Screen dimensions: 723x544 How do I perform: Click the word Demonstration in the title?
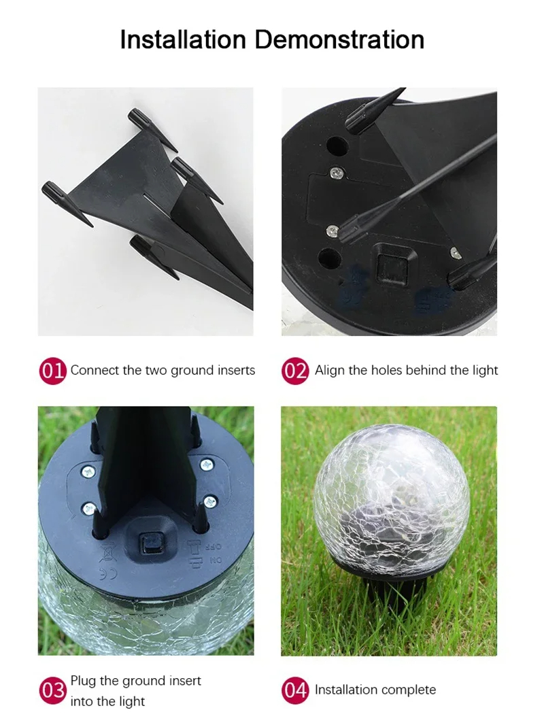(339, 39)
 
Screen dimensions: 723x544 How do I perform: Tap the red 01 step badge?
(52, 371)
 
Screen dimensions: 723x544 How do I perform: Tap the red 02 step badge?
(295, 371)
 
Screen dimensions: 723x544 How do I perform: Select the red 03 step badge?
(52, 690)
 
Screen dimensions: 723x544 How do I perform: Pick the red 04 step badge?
(295, 690)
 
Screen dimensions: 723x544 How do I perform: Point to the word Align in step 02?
(329, 371)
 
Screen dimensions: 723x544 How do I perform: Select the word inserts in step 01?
(235, 371)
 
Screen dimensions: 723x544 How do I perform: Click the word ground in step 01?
(192, 371)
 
